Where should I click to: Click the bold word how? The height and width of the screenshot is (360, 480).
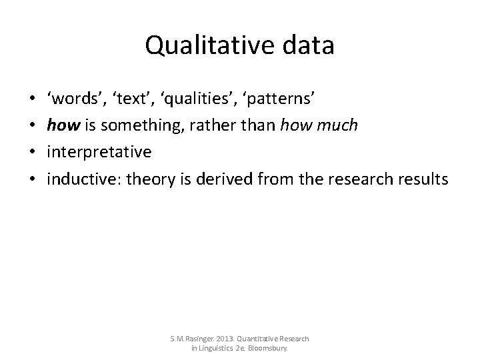pos(60,125)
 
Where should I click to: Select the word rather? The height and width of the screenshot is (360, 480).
pos(207,125)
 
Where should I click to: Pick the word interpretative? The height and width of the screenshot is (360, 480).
pos(99,152)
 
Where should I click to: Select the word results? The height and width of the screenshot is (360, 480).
pos(423,179)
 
